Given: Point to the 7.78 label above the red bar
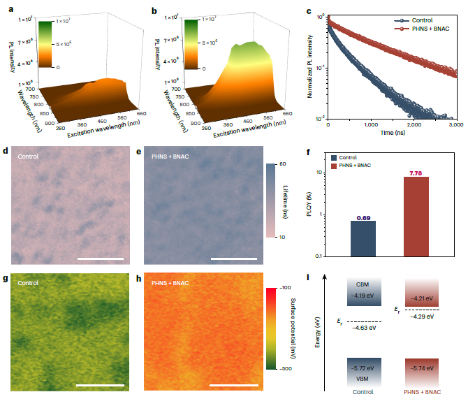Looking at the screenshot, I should point(417,173).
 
